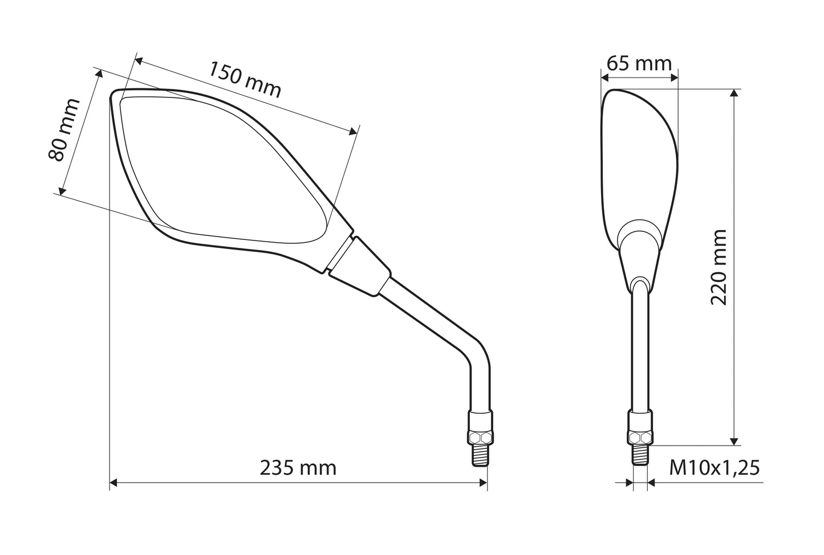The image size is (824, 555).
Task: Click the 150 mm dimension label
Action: click(245, 80)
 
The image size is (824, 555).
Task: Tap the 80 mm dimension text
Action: click(64, 130)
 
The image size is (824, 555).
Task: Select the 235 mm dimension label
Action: click(298, 468)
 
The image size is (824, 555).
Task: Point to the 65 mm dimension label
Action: click(639, 64)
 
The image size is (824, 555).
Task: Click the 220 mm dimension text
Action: click(719, 267)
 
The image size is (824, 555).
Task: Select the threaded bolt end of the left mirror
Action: click(480, 455)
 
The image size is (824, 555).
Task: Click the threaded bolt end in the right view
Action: click(640, 455)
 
